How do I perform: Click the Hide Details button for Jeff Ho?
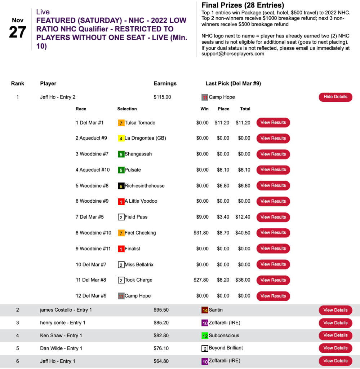click(x=335, y=97)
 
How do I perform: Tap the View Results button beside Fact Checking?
click(x=273, y=233)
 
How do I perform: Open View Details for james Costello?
click(x=335, y=310)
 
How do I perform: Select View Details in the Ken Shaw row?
click(x=335, y=335)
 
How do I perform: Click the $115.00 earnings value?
click(x=162, y=97)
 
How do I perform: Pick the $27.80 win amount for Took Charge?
click(x=201, y=280)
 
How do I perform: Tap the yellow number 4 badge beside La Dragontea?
click(x=121, y=139)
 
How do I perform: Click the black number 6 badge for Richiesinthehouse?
click(x=121, y=186)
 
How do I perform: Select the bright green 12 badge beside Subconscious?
click(x=205, y=336)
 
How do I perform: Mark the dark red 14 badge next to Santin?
click(x=205, y=310)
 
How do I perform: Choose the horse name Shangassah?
click(x=138, y=154)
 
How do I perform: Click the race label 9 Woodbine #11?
click(x=93, y=249)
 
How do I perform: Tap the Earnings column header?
click(x=165, y=83)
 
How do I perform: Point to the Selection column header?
click(x=127, y=109)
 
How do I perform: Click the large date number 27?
click(x=18, y=32)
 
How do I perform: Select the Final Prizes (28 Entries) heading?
click(x=243, y=5)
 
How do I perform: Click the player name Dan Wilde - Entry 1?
click(x=61, y=348)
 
